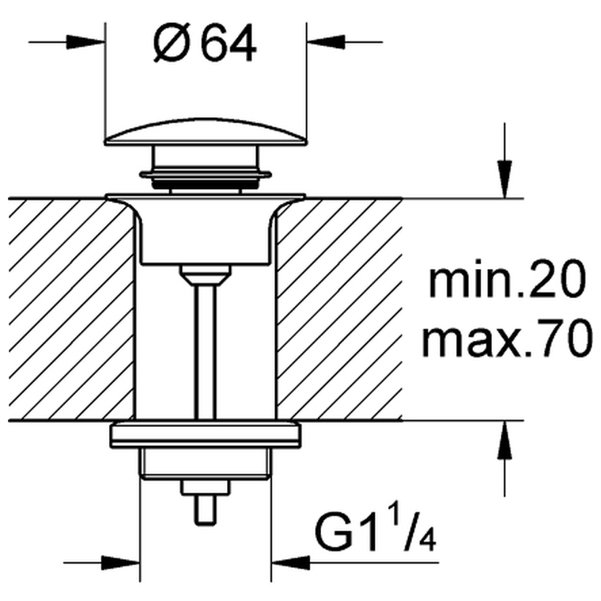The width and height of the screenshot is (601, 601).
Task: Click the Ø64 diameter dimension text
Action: (205, 43)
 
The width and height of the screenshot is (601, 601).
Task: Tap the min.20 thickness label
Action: (508, 278)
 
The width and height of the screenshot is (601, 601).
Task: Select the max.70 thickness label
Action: (507, 338)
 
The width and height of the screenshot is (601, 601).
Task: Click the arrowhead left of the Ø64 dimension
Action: (86, 42)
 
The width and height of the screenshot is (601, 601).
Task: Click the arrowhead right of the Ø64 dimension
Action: (326, 42)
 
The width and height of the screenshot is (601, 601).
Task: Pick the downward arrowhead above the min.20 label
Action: (505, 180)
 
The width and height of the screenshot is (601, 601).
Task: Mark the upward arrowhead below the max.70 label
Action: (505, 439)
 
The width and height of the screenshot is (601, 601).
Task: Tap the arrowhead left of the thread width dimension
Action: (120, 563)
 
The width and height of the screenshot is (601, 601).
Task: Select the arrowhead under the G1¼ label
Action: (290, 563)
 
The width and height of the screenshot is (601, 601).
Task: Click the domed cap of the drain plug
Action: (206, 132)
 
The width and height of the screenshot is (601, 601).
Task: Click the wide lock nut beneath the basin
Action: (206, 435)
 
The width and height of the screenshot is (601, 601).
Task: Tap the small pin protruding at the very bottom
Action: (206, 510)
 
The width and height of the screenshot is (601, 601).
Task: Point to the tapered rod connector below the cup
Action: (205, 275)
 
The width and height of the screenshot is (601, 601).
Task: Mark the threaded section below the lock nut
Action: (206, 463)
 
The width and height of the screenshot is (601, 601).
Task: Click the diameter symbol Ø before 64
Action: (172, 43)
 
